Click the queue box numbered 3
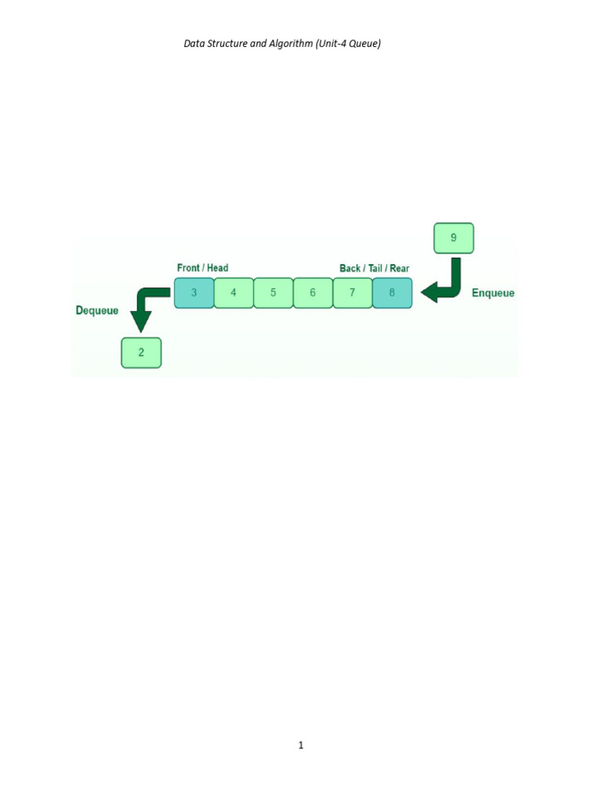(x=194, y=293)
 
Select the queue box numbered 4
(x=234, y=293)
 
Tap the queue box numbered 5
(x=274, y=293)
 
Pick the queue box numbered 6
(x=313, y=293)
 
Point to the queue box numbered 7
(x=353, y=293)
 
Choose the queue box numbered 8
(x=392, y=293)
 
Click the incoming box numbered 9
(x=454, y=238)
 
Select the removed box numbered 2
(x=141, y=352)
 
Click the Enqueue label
(x=493, y=293)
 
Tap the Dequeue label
(x=97, y=310)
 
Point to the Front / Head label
(x=202, y=268)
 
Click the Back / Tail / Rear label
(x=374, y=268)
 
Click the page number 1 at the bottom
(x=301, y=745)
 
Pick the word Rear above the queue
(x=399, y=268)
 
